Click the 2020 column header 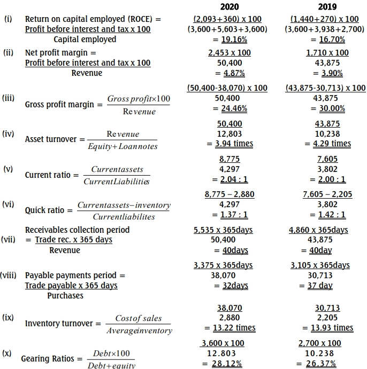click(x=230, y=7)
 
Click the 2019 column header click(x=327, y=7)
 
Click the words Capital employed click(x=85, y=39)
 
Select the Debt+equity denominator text click(x=111, y=366)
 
